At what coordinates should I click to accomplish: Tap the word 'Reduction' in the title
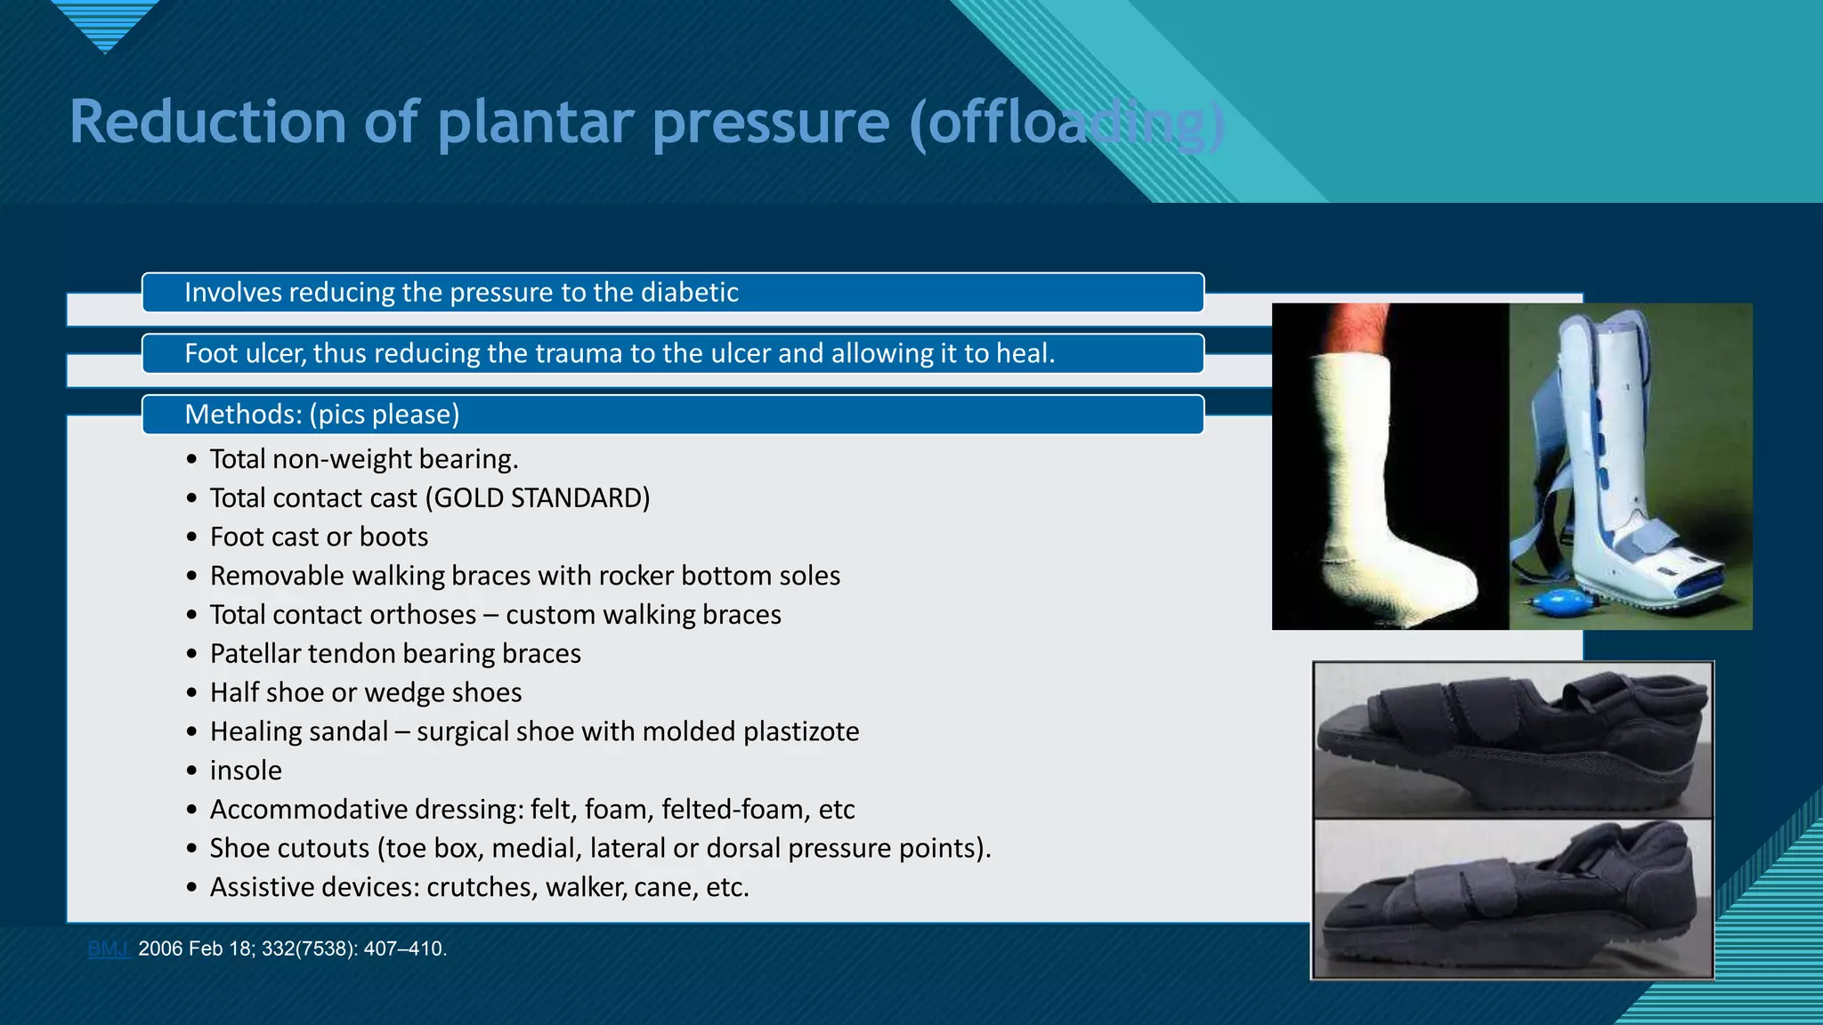click(x=207, y=123)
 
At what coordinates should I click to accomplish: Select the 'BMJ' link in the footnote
click(x=109, y=949)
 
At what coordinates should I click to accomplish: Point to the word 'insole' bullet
click(x=246, y=771)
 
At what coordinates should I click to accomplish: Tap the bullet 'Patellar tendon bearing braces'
click(x=395, y=654)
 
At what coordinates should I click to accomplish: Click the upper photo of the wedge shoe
click(x=1512, y=740)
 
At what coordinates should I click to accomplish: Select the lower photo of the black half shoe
click(x=1512, y=899)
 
